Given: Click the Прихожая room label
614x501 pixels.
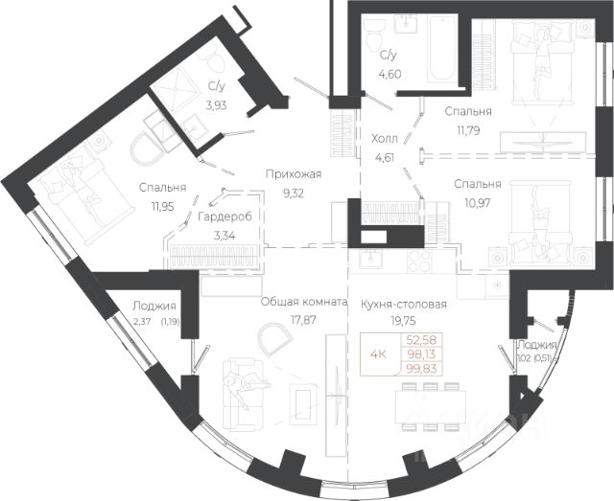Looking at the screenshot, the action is tap(294, 174).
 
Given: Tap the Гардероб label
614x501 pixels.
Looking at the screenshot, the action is tap(224, 216).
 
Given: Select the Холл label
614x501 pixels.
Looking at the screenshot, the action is tap(384, 138).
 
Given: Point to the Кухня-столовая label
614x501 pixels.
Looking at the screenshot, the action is tap(404, 305).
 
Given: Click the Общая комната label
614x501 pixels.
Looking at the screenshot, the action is tap(304, 302).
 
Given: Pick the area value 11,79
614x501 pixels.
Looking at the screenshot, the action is tap(468, 130).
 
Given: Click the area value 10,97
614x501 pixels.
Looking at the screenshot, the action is tap(478, 202).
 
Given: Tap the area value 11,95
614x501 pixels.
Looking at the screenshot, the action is tap(162, 206).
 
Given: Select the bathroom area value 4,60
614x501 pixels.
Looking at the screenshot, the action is tap(390, 74).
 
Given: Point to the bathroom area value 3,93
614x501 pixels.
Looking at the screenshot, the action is tap(216, 104).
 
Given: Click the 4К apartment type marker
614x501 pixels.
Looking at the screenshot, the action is tap(379, 354).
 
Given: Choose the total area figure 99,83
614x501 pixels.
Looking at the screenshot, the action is tap(421, 369).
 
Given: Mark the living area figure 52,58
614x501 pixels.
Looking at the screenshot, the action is tap(421, 339).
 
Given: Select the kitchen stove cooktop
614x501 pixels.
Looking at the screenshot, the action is tap(419, 261).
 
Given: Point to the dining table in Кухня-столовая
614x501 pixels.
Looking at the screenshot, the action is tap(431, 407).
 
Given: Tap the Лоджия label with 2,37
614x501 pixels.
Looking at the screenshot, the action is tap(153, 306).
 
